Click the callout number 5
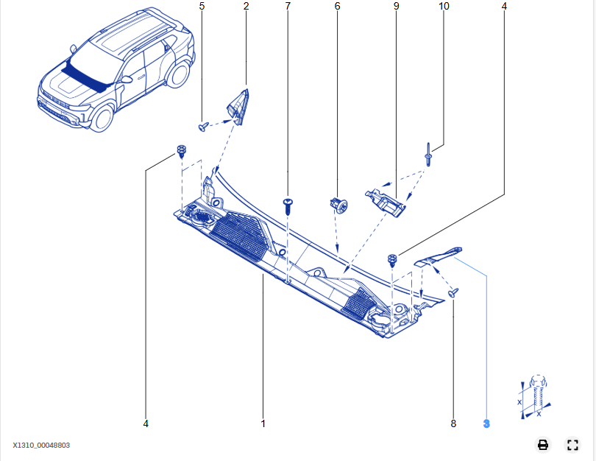coord(202,6)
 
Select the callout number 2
coord(246,6)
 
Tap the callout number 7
coord(288,6)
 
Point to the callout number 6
coord(337,6)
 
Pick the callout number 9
coord(396,6)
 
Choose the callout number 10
coord(444,6)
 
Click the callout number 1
coord(263,423)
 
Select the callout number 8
coord(453,423)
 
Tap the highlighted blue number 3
coord(486,423)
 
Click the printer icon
coord(543,444)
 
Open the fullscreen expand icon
coord(572,444)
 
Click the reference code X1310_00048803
coord(41,445)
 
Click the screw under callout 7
coord(288,205)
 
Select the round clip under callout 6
coord(338,204)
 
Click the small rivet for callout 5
coord(203,127)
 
